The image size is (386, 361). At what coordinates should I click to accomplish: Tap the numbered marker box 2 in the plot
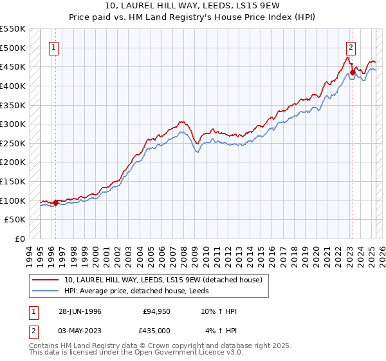click(x=351, y=47)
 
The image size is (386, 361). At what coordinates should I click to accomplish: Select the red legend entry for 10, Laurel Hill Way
click(x=163, y=280)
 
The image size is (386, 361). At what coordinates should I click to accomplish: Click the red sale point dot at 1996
click(x=56, y=202)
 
